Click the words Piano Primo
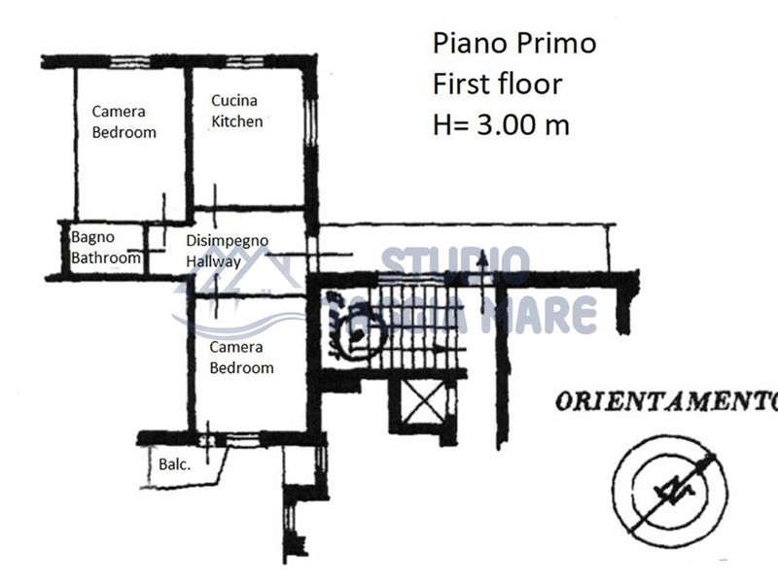(x=513, y=44)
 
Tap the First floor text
(x=497, y=84)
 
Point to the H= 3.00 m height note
(x=501, y=124)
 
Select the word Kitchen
(x=237, y=121)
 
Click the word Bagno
(x=92, y=236)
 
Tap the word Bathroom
(x=105, y=258)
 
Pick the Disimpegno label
(x=227, y=241)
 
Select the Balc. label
(x=174, y=464)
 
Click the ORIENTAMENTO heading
(x=665, y=400)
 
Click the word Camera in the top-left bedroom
(x=119, y=112)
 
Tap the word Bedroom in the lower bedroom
(x=241, y=368)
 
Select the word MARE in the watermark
(x=548, y=315)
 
